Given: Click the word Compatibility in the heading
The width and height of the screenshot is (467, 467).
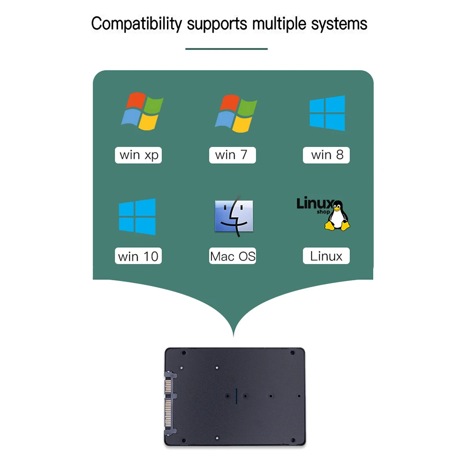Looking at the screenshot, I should [x=136, y=23].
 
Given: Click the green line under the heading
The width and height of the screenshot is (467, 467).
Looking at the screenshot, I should [x=226, y=49].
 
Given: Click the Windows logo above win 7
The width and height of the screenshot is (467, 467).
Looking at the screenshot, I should [x=236, y=113].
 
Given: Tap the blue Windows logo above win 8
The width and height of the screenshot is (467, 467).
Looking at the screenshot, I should [x=328, y=113].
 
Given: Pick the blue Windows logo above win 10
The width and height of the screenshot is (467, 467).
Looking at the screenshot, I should [x=137, y=216].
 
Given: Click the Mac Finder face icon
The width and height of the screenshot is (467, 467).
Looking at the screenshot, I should [x=234, y=216].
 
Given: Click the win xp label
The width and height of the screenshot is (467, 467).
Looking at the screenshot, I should [x=139, y=155].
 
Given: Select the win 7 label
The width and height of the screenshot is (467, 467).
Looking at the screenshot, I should [x=232, y=155].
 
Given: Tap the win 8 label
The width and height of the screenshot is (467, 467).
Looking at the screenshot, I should [x=327, y=155].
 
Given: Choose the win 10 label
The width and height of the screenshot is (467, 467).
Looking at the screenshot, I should [x=138, y=256].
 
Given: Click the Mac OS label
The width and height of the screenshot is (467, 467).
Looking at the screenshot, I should [x=233, y=256].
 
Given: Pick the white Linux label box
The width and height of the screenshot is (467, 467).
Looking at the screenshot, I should [x=326, y=256].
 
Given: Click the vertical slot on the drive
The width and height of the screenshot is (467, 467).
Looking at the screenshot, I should [x=237, y=396].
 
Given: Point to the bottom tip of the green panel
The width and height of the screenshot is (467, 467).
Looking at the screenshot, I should [x=233, y=335].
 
